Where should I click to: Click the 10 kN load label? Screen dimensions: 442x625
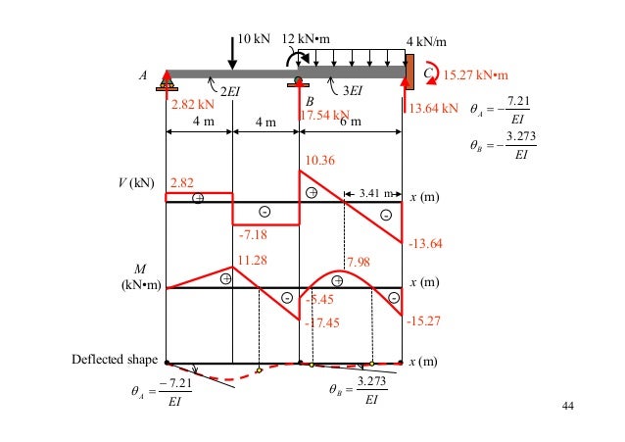[255, 41]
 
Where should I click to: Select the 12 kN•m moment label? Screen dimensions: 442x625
[305, 40]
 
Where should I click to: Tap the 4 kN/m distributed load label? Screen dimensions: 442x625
[426, 42]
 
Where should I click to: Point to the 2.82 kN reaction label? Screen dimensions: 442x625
[192, 104]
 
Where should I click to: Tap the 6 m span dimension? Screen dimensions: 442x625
[350, 123]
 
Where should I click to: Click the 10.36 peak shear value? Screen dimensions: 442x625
[319, 159]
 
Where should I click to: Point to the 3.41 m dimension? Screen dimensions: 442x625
[371, 192]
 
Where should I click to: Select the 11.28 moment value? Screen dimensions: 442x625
[253, 260]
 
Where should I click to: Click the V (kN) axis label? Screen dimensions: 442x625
[135, 183]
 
